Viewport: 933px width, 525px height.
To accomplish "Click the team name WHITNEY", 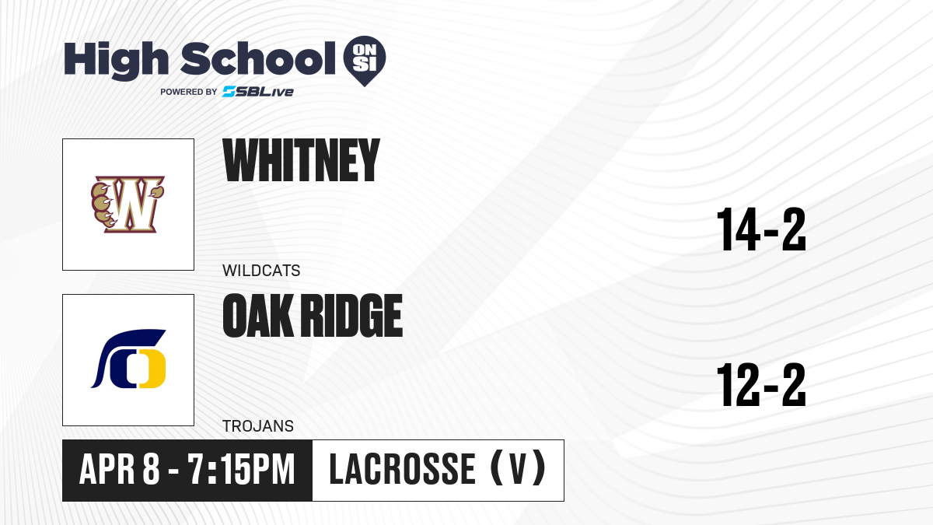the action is pos(301,160).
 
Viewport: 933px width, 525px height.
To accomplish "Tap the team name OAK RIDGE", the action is pos(313,316).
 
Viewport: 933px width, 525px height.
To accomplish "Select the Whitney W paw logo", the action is pos(128,204).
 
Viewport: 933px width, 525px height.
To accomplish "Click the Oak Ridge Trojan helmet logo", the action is pos(128,359).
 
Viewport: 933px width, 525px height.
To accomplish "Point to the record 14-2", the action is pos(761,229).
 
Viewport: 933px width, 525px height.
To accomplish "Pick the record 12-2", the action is pos(761,384).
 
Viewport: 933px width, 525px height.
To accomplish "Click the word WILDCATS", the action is pos(261,271).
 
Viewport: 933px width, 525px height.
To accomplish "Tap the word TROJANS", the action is pos(258,426).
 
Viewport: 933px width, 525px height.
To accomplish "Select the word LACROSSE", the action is pos(403,469).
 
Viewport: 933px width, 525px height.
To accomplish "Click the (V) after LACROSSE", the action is pos(518,469).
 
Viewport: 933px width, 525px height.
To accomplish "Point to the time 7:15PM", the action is pos(242,469).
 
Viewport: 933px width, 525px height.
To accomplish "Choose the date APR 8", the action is pos(119,469).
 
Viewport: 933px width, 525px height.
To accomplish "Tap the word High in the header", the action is pos(116,60).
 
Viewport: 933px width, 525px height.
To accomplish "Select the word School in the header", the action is pos(258,58).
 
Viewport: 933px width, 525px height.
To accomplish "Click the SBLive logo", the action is pos(257,92).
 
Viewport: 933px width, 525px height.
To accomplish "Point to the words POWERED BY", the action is pos(189,92).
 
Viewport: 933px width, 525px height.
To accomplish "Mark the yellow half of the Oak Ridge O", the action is pos(152,369).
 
